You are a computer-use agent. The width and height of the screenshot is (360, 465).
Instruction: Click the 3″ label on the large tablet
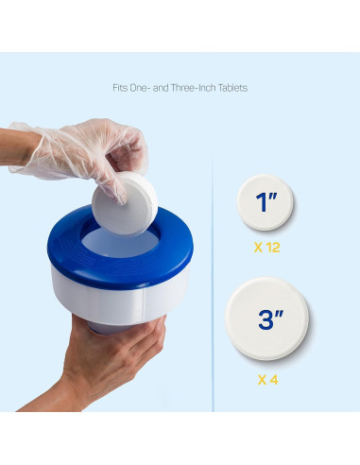271,319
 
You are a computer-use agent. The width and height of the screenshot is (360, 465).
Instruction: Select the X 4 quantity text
267,379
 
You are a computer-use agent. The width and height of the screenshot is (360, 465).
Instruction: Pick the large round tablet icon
269,319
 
